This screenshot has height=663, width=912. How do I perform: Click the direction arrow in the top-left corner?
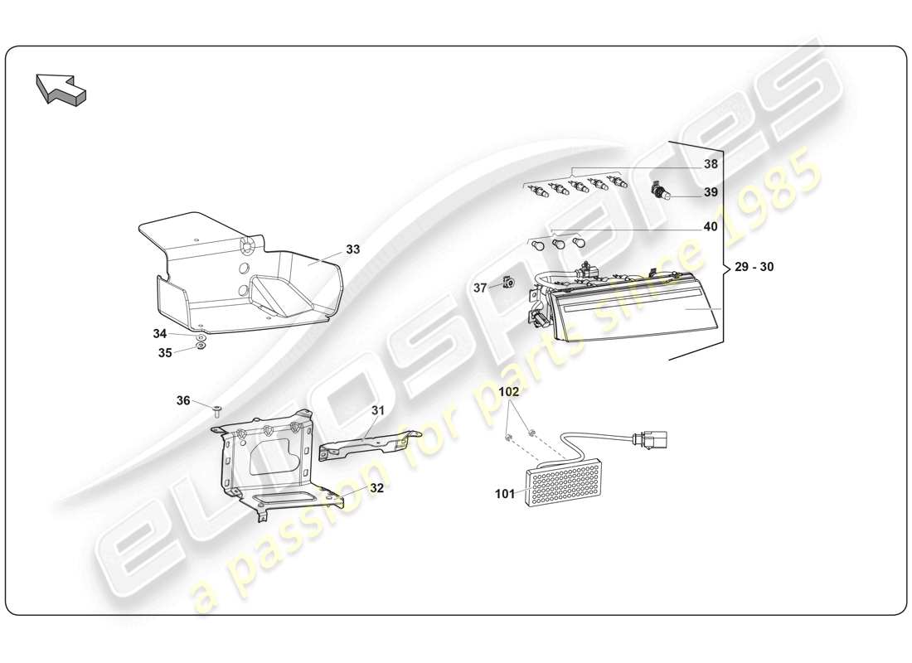tap(61, 88)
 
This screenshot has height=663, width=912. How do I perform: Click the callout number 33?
tap(353, 249)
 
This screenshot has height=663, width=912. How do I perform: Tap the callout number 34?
tap(160, 333)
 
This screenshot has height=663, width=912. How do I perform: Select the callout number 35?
tap(165, 352)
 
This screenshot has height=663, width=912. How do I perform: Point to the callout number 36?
tap(183, 400)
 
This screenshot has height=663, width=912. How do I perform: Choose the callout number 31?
tap(378, 410)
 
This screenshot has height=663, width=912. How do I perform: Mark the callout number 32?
tap(376, 488)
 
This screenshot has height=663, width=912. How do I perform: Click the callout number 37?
tap(481, 288)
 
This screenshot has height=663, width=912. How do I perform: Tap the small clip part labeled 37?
tap(507, 283)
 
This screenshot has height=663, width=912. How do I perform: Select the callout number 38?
tap(711, 164)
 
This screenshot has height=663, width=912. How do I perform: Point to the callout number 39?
tap(711, 192)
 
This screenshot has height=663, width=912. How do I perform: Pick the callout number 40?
tap(711, 226)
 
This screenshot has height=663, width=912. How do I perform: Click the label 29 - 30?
tap(754, 267)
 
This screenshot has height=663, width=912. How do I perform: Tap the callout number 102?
tap(509, 390)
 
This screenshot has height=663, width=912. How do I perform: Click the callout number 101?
tap(506, 494)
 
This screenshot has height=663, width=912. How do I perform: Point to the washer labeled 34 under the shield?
tap(201, 339)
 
